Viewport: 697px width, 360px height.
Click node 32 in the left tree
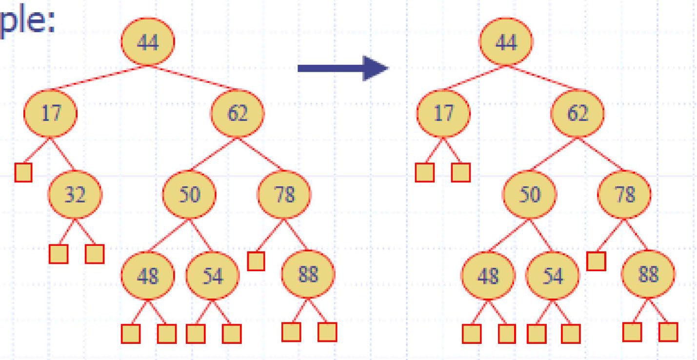coord(75,195)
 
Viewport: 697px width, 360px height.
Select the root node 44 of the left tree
coord(148,42)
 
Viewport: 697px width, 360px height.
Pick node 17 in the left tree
coord(50,113)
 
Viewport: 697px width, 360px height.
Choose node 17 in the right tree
coord(443,113)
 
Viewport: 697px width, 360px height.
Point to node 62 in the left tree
coord(237,113)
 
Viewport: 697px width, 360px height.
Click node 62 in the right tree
coord(577,113)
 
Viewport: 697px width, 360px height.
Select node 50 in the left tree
coord(188,195)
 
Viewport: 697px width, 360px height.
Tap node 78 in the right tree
coord(624,195)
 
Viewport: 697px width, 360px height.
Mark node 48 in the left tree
coord(147,276)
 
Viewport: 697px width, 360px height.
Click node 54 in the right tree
coord(553,276)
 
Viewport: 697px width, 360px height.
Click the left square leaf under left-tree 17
coord(23,172)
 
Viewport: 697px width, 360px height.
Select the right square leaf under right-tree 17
coord(461,172)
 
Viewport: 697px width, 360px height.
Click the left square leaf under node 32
coord(59,254)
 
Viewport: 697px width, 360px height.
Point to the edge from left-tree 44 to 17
coord(98,78)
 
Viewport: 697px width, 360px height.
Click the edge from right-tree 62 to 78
coord(601,154)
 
